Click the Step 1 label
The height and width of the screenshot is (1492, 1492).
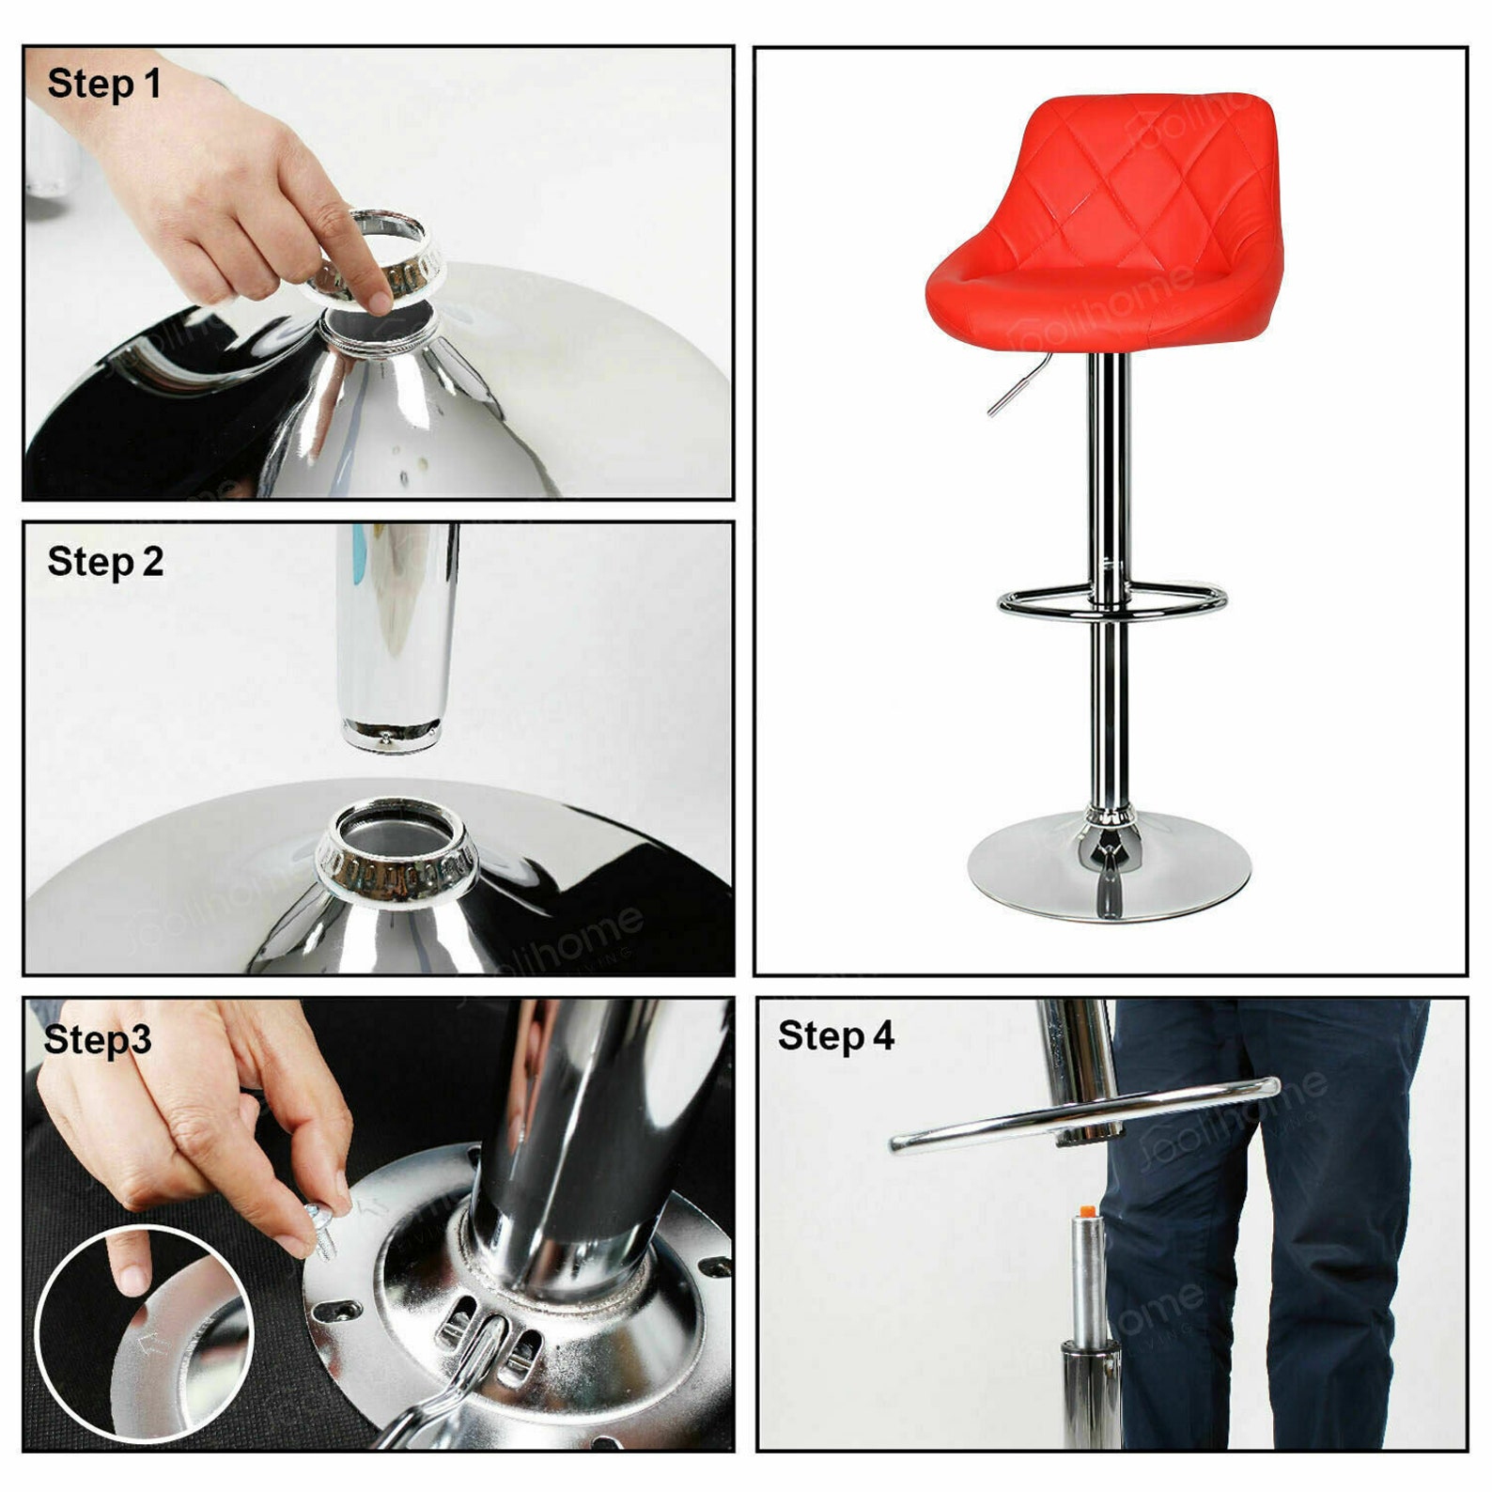pos(104,84)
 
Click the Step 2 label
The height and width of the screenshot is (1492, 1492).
pos(105,562)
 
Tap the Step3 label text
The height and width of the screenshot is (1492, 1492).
pos(98,1039)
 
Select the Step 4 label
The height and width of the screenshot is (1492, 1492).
pos(835,1035)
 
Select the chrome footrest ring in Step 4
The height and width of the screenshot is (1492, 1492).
pos(1080,1117)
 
